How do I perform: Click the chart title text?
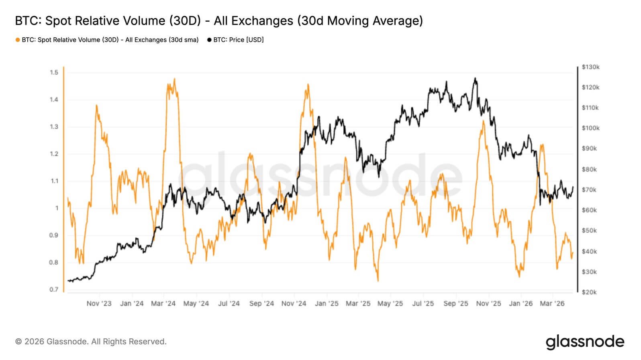(219, 21)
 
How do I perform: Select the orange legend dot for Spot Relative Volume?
(18, 40)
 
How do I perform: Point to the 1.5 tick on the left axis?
(54, 73)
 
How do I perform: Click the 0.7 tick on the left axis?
(54, 290)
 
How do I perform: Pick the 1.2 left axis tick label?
(54, 154)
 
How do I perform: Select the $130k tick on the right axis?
(590, 67)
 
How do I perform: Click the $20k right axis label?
(590, 292)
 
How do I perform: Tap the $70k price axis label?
(590, 190)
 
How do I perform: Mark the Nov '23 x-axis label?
(99, 304)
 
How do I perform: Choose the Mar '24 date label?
(163, 304)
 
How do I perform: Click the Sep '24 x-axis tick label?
(261, 304)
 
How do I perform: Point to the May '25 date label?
(390, 304)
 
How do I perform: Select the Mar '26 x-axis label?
(552, 304)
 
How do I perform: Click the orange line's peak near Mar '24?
(174, 79)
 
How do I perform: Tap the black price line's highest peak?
(475, 78)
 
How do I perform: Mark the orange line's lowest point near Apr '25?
(378, 280)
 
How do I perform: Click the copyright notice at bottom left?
(91, 342)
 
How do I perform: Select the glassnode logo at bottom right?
(585, 342)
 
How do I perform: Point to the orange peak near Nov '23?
(97, 105)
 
